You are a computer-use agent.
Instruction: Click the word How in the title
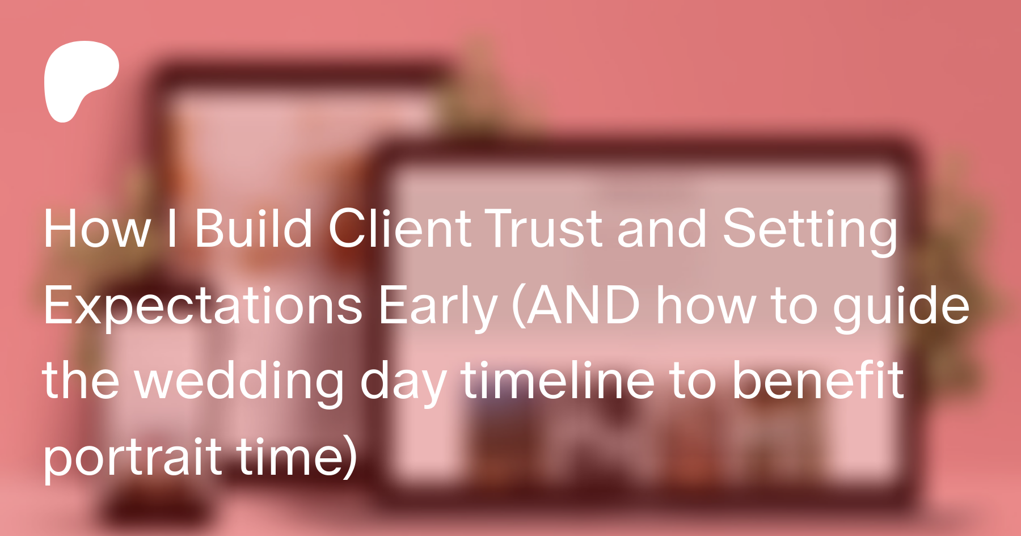pyautogui.click(x=97, y=229)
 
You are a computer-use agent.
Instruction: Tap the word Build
pyautogui.click(x=254, y=227)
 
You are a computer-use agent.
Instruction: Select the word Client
pyautogui.click(x=400, y=227)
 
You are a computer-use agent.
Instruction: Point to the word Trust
pyautogui.click(x=543, y=228)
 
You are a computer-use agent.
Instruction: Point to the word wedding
pyautogui.click(x=239, y=382)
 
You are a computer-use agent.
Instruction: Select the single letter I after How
pyautogui.click(x=172, y=227)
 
